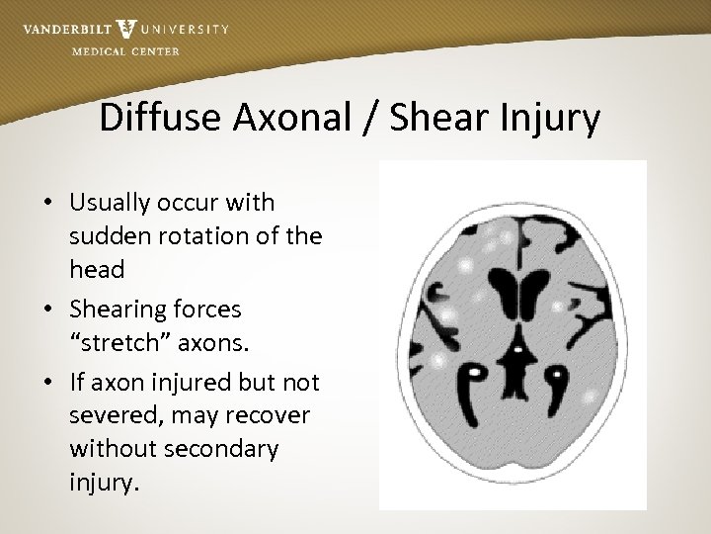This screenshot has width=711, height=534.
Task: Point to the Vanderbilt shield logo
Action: point(126,29)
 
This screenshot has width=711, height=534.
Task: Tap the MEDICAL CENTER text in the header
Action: point(126,51)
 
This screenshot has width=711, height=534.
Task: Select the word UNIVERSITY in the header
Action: point(185,30)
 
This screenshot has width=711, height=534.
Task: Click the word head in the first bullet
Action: point(96,269)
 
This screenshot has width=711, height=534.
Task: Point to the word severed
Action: point(112,415)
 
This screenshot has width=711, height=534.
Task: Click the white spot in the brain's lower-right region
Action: point(590,396)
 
